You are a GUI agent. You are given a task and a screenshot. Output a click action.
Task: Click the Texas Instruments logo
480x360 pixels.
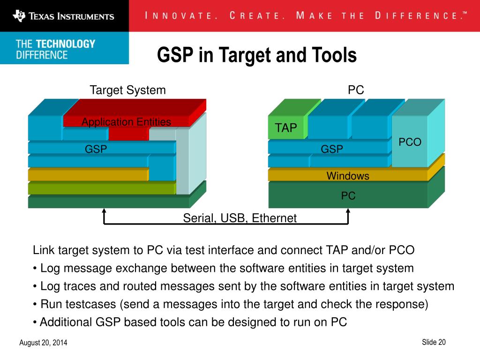[x=64, y=16]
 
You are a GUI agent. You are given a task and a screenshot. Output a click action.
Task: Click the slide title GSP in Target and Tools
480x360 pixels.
[x=257, y=55]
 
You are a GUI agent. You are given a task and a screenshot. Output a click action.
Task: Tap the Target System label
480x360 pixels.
[x=127, y=90]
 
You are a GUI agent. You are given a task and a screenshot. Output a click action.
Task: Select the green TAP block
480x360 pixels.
[x=286, y=128]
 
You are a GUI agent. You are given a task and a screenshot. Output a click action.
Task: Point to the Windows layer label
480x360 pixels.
[x=348, y=176]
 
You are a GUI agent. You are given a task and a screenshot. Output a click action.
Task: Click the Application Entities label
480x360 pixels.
[x=126, y=122]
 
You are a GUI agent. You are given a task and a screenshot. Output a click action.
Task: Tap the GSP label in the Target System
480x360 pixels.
[x=96, y=149]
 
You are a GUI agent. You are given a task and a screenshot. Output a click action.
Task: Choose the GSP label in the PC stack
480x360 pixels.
[x=332, y=149]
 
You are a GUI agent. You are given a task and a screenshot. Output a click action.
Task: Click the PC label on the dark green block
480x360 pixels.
[x=348, y=196]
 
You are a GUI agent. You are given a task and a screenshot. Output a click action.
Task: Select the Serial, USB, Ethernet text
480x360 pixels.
[x=240, y=218]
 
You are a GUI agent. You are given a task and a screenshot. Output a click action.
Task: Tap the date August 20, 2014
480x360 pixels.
[x=43, y=343]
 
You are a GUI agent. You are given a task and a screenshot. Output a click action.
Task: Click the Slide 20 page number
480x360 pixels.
[x=434, y=342]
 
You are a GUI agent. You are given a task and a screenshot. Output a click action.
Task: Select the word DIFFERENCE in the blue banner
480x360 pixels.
[x=42, y=55]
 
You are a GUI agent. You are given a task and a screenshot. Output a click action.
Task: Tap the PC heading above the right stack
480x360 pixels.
[x=356, y=90]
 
